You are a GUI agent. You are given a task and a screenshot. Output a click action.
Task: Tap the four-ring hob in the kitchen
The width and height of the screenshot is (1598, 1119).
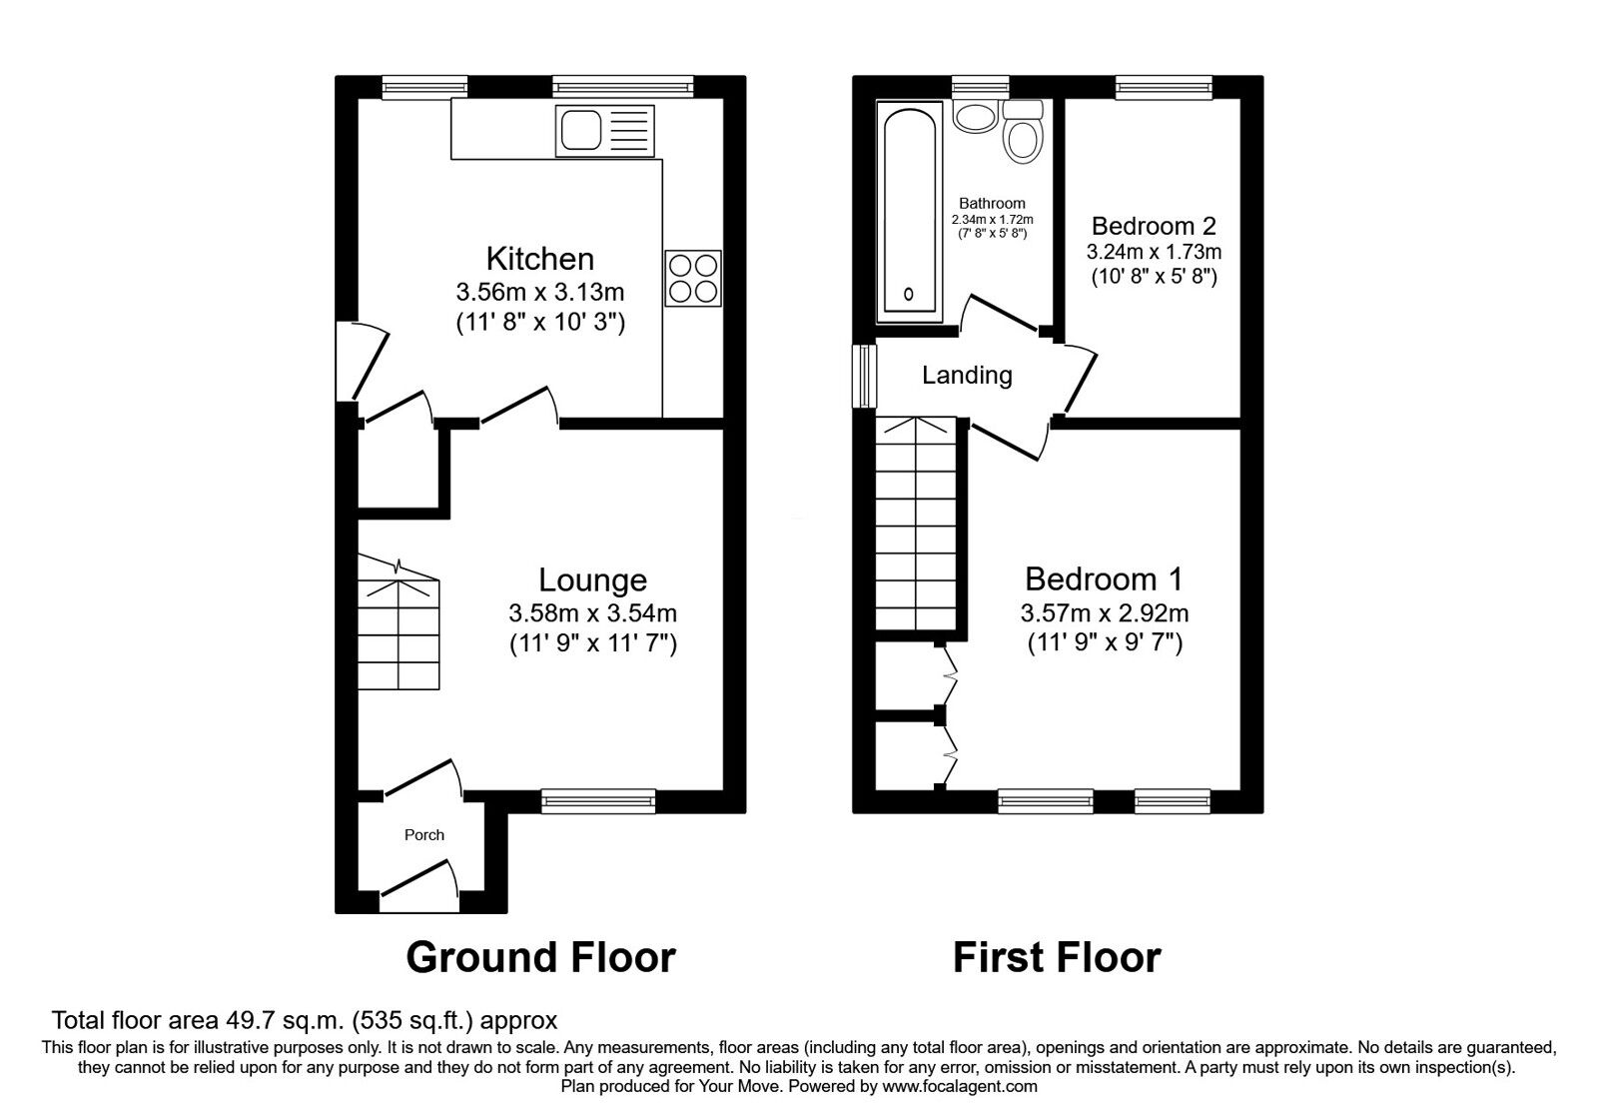coord(692,278)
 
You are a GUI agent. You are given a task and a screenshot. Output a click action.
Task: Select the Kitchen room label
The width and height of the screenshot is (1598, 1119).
coord(539,259)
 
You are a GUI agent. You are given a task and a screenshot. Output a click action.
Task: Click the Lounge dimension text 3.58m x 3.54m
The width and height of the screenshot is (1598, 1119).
coord(592,612)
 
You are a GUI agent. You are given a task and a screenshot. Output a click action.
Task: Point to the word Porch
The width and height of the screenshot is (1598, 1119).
coord(423,835)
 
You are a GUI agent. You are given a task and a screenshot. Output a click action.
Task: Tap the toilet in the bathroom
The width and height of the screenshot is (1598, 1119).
coord(1023,133)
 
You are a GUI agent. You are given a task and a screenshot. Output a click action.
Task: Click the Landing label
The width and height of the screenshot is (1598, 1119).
coord(966,376)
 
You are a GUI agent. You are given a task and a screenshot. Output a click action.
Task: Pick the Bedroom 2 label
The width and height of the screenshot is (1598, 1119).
coord(1154,226)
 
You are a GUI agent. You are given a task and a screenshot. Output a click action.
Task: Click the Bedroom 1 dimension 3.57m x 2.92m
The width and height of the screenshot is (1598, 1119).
coord(1104,612)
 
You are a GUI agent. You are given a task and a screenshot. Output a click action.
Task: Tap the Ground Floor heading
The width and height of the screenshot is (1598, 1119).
coord(540,957)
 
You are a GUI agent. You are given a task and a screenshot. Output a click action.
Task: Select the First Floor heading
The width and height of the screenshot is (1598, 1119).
coord(1056,957)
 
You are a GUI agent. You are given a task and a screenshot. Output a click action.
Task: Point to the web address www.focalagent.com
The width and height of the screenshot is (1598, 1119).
coord(959,1086)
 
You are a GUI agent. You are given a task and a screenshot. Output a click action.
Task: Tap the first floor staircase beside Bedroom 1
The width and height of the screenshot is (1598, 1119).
coord(916,525)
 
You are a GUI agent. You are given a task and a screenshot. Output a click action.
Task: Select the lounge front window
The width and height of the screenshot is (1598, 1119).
coord(598,799)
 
